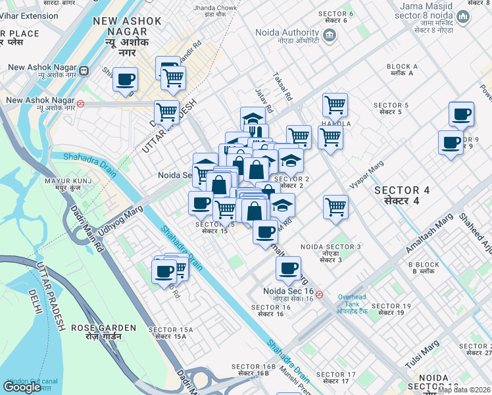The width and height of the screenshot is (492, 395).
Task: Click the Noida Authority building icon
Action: [x=329, y=34]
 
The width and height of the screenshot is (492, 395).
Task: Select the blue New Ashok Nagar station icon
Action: [x=84, y=69]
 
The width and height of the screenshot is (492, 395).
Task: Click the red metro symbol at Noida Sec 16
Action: [x=319, y=294]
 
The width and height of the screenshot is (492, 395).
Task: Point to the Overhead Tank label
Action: [x=357, y=300]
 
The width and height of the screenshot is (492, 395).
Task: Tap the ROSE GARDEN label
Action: [x=104, y=330]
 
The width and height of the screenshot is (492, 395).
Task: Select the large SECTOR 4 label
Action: [x=401, y=194]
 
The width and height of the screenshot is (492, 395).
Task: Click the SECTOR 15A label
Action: [x=171, y=332]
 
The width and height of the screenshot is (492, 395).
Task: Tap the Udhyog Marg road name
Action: [x=120, y=217]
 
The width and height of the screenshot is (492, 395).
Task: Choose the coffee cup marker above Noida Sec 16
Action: [x=288, y=268]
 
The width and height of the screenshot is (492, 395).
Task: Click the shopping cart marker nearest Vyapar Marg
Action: [x=335, y=206]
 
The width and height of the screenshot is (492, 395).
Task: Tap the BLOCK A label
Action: [x=403, y=70]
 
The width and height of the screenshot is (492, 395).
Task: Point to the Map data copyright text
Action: [x=464, y=390]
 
